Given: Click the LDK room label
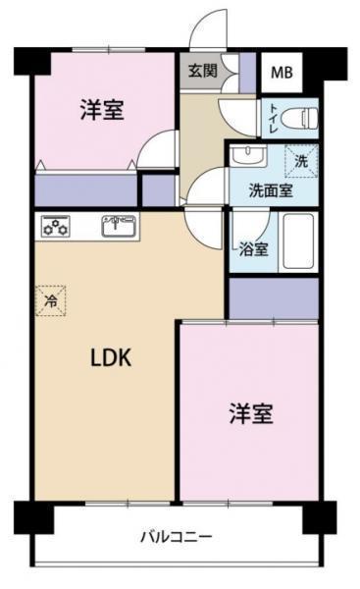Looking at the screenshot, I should pos(110,358).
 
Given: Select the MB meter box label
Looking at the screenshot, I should pos(282,73).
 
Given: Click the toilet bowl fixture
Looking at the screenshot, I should pos(298,119).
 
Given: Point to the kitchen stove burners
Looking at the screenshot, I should pos(55,228).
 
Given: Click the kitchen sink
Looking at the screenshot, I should pos(119,228).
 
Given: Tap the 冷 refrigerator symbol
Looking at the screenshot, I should pos(49,299).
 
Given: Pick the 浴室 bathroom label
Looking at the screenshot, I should pos(253,248).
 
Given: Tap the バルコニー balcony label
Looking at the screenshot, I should pos(176,536).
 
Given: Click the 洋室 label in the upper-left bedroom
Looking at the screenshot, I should pos(101,110).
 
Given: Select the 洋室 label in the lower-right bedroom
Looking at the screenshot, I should pos(252,413).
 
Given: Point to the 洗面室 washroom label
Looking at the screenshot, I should pos(270,190).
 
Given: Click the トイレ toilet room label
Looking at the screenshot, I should pos(272,119).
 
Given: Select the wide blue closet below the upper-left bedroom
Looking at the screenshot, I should pos(85,189).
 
